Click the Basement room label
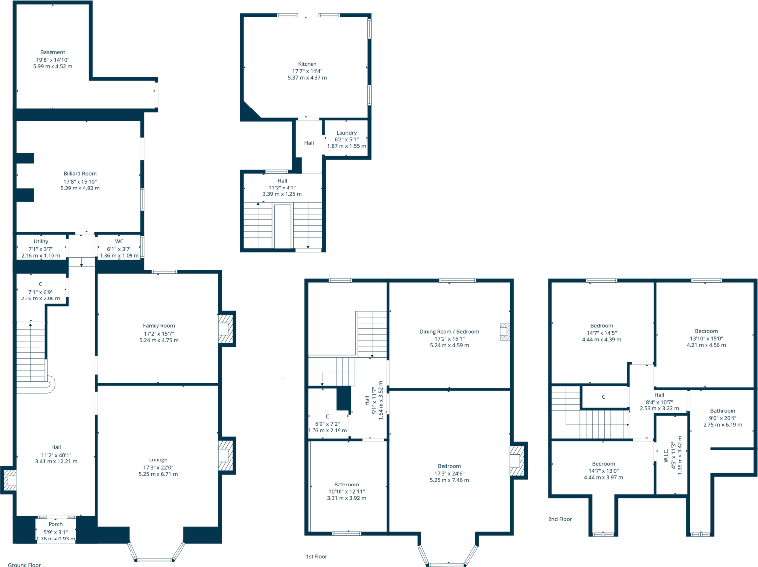(x=52, y=52)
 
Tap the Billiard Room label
(x=80, y=174)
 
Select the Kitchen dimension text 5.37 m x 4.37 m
(x=307, y=78)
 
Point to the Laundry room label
(x=346, y=133)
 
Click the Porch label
(x=55, y=524)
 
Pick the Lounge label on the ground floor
(x=158, y=460)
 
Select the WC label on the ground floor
(x=119, y=242)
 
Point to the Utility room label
(x=41, y=242)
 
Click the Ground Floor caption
(x=25, y=565)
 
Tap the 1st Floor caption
(x=316, y=557)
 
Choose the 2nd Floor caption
(x=560, y=519)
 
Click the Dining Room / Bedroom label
(x=449, y=332)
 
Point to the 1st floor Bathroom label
(x=346, y=485)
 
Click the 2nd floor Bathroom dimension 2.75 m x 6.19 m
(x=723, y=425)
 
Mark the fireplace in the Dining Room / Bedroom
(x=504, y=331)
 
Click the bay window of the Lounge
(x=155, y=559)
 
